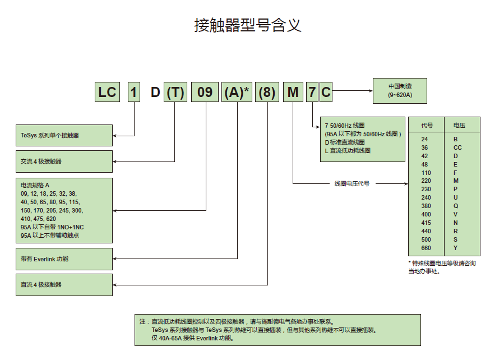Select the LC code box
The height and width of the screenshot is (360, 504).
pyautogui.click(x=107, y=92)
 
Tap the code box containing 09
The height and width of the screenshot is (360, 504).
pyautogui.click(x=205, y=92)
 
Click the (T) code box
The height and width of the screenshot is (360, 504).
pyautogui.click(x=175, y=92)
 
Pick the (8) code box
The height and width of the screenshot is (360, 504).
pyautogui.click(x=267, y=92)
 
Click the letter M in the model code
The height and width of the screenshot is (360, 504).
pyautogui.click(x=293, y=92)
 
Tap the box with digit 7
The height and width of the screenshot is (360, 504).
pyautogui.click(x=312, y=92)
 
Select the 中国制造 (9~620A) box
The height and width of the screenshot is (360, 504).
pyautogui.click(x=400, y=90)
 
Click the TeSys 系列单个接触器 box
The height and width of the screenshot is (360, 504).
pyautogui.click(x=64, y=135)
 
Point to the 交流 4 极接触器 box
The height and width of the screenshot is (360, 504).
pyautogui.click(x=64, y=161)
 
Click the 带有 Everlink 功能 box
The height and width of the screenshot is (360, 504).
pyautogui.click(x=64, y=259)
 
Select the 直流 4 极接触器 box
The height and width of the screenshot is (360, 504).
pyautogui.click(x=64, y=284)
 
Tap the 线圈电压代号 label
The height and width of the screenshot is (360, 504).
pyautogui.click(x=352, y=183)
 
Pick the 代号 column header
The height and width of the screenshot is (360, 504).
pyautogui.click(x=427, y=125)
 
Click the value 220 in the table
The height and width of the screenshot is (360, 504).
pyautogui.click(x=426, y=181)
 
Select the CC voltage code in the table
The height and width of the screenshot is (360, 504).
pyautogui.click(x=457, y=147)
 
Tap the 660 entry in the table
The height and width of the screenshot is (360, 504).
pyautogui.click(x=426, y=248)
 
